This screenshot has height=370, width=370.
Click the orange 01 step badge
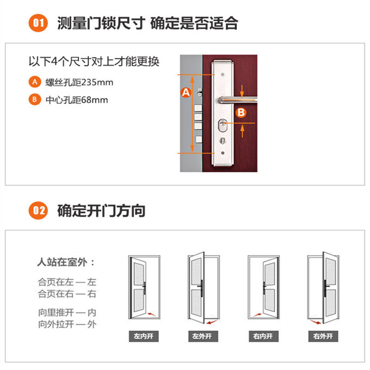pyautogui.click(x=38, y=23)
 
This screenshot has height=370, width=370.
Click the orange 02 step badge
pyautogui.click(x=38, y=211)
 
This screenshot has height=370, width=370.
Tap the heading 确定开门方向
pyautogui.click(x=101, y=211)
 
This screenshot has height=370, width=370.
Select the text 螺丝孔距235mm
pyautogui.click(x=79, y=82)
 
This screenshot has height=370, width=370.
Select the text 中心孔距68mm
pyautogui.click(x=76, y=99)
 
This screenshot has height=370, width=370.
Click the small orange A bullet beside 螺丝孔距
pyautogui.click(x=34, y=82)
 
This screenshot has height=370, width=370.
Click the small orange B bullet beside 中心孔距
pyautogui.click(x=34, y=99)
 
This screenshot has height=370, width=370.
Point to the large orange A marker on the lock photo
pyautogui.click(x=185, y=92)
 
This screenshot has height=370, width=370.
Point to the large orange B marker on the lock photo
pyautogui.click(x=240, y=112)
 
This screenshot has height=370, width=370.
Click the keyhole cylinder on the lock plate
pyautogui.click(x=222, y=125)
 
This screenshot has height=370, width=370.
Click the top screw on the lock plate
pyautogui.click(x=222, y=75)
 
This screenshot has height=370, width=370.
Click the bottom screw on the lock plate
pyautogui.click(x=222, y=154)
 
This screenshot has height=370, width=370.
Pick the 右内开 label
pyautogui.click(x=263, y=336)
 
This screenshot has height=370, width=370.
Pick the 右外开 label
pyautogui.click(x=323, y=336)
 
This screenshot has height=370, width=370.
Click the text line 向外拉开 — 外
pyautogui.click(x=67, y=324)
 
